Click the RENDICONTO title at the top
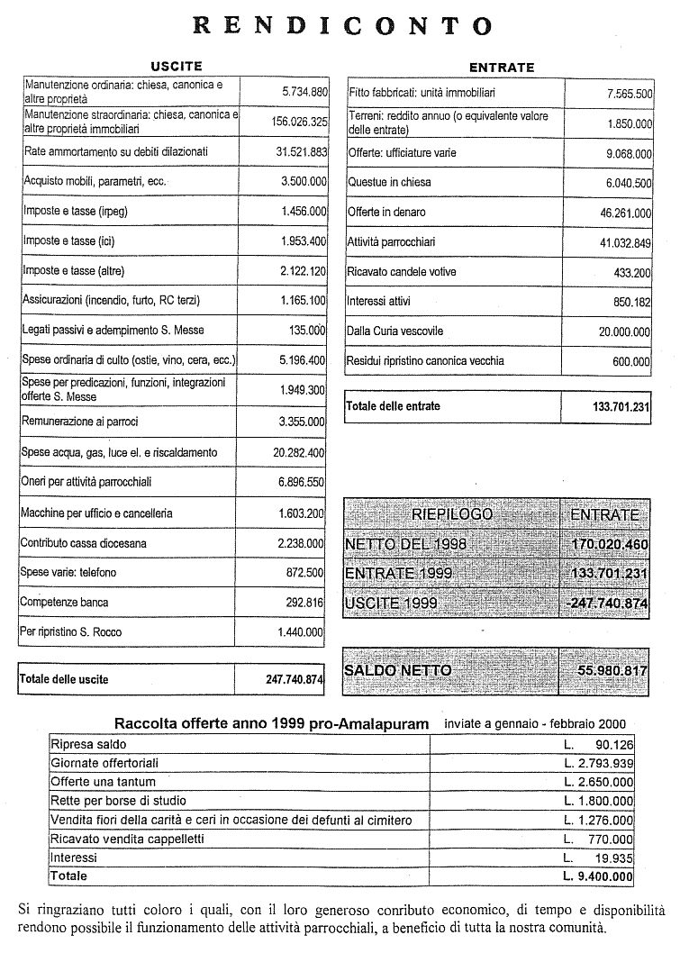(343, 25)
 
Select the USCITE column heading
(176, 66)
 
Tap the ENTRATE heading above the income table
(501, 68)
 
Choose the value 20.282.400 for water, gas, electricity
(299, 452)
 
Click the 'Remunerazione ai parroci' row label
(80, 422)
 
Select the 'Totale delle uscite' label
(64, 679)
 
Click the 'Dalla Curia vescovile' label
(395, 331)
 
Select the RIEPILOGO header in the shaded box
(452, 514)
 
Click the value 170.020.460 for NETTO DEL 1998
(610, 545)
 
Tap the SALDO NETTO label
(398, 670)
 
